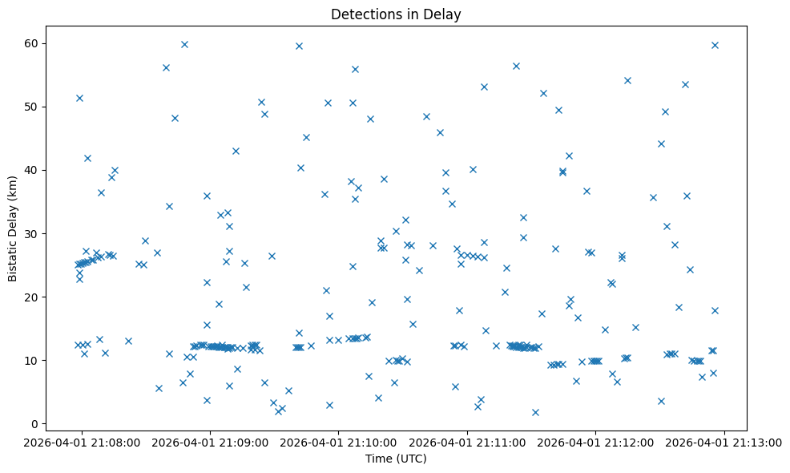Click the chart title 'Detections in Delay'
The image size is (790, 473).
[396, 14]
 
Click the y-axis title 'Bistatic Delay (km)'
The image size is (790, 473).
[13, 227]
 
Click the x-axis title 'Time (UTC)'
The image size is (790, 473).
[396, 459]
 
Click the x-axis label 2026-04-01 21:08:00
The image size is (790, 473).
[82, 441]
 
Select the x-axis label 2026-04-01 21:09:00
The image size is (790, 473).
[211, 441]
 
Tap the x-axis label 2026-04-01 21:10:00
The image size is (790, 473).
[339, 441]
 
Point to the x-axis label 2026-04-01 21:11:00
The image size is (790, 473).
[468, 441]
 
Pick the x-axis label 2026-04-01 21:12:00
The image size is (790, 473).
[596, 441]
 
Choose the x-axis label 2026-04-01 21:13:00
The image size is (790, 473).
[725, 441]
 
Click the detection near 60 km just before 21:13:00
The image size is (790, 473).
[715, 45]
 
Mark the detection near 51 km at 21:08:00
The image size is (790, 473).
[79, 98]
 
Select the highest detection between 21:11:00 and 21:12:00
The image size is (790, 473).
[516, 66]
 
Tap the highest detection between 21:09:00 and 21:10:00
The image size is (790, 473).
[299, 46]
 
